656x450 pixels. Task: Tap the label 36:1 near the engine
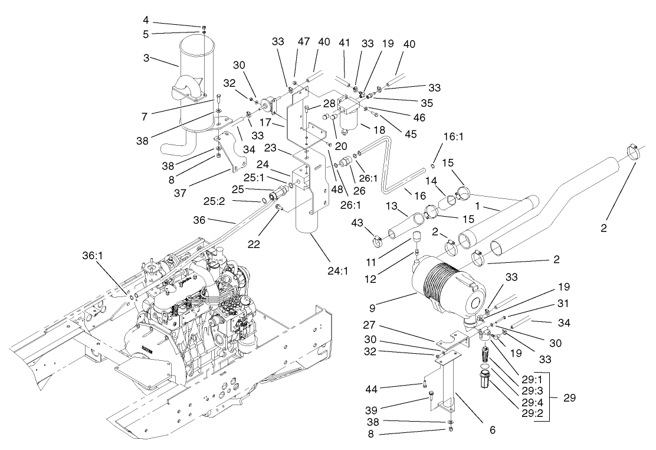pos(91,256)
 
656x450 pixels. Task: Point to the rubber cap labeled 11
pos(418,238)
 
